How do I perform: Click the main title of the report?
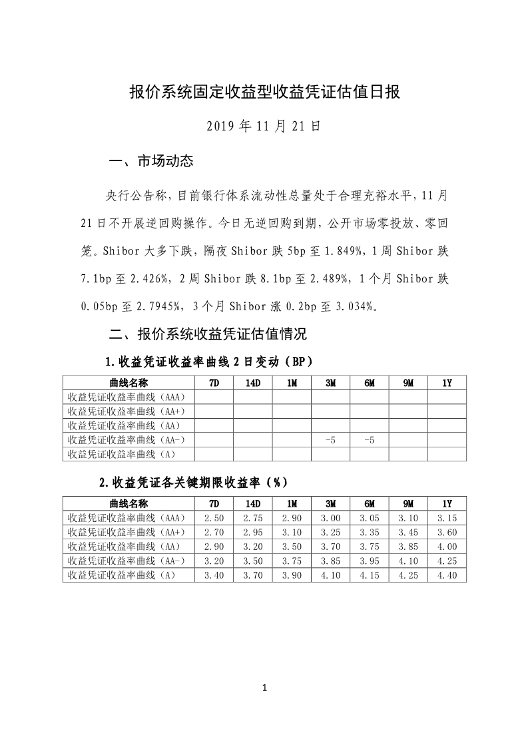tap(264, 92)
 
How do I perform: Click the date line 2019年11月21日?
tap(264, 125)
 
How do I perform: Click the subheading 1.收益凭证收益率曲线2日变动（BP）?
tap(209, 362)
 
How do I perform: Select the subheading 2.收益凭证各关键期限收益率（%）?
tap(194, 483)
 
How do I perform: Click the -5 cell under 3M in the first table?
tap(331, 440)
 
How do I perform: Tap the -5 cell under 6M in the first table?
tap(370, 440)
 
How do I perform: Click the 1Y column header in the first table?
tap(447, 383)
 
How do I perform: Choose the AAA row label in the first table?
tap(127, 397)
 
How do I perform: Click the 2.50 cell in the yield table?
tap(214, 517)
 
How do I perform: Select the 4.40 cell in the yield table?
tap(447, 575)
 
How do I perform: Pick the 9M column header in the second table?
tap(408, 503)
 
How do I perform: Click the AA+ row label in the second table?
tap(127, 532)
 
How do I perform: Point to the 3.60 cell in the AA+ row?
tap(447, 532)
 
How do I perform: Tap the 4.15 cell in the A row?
tap(370, 575)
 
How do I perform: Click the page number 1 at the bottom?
tap(264, 688)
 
